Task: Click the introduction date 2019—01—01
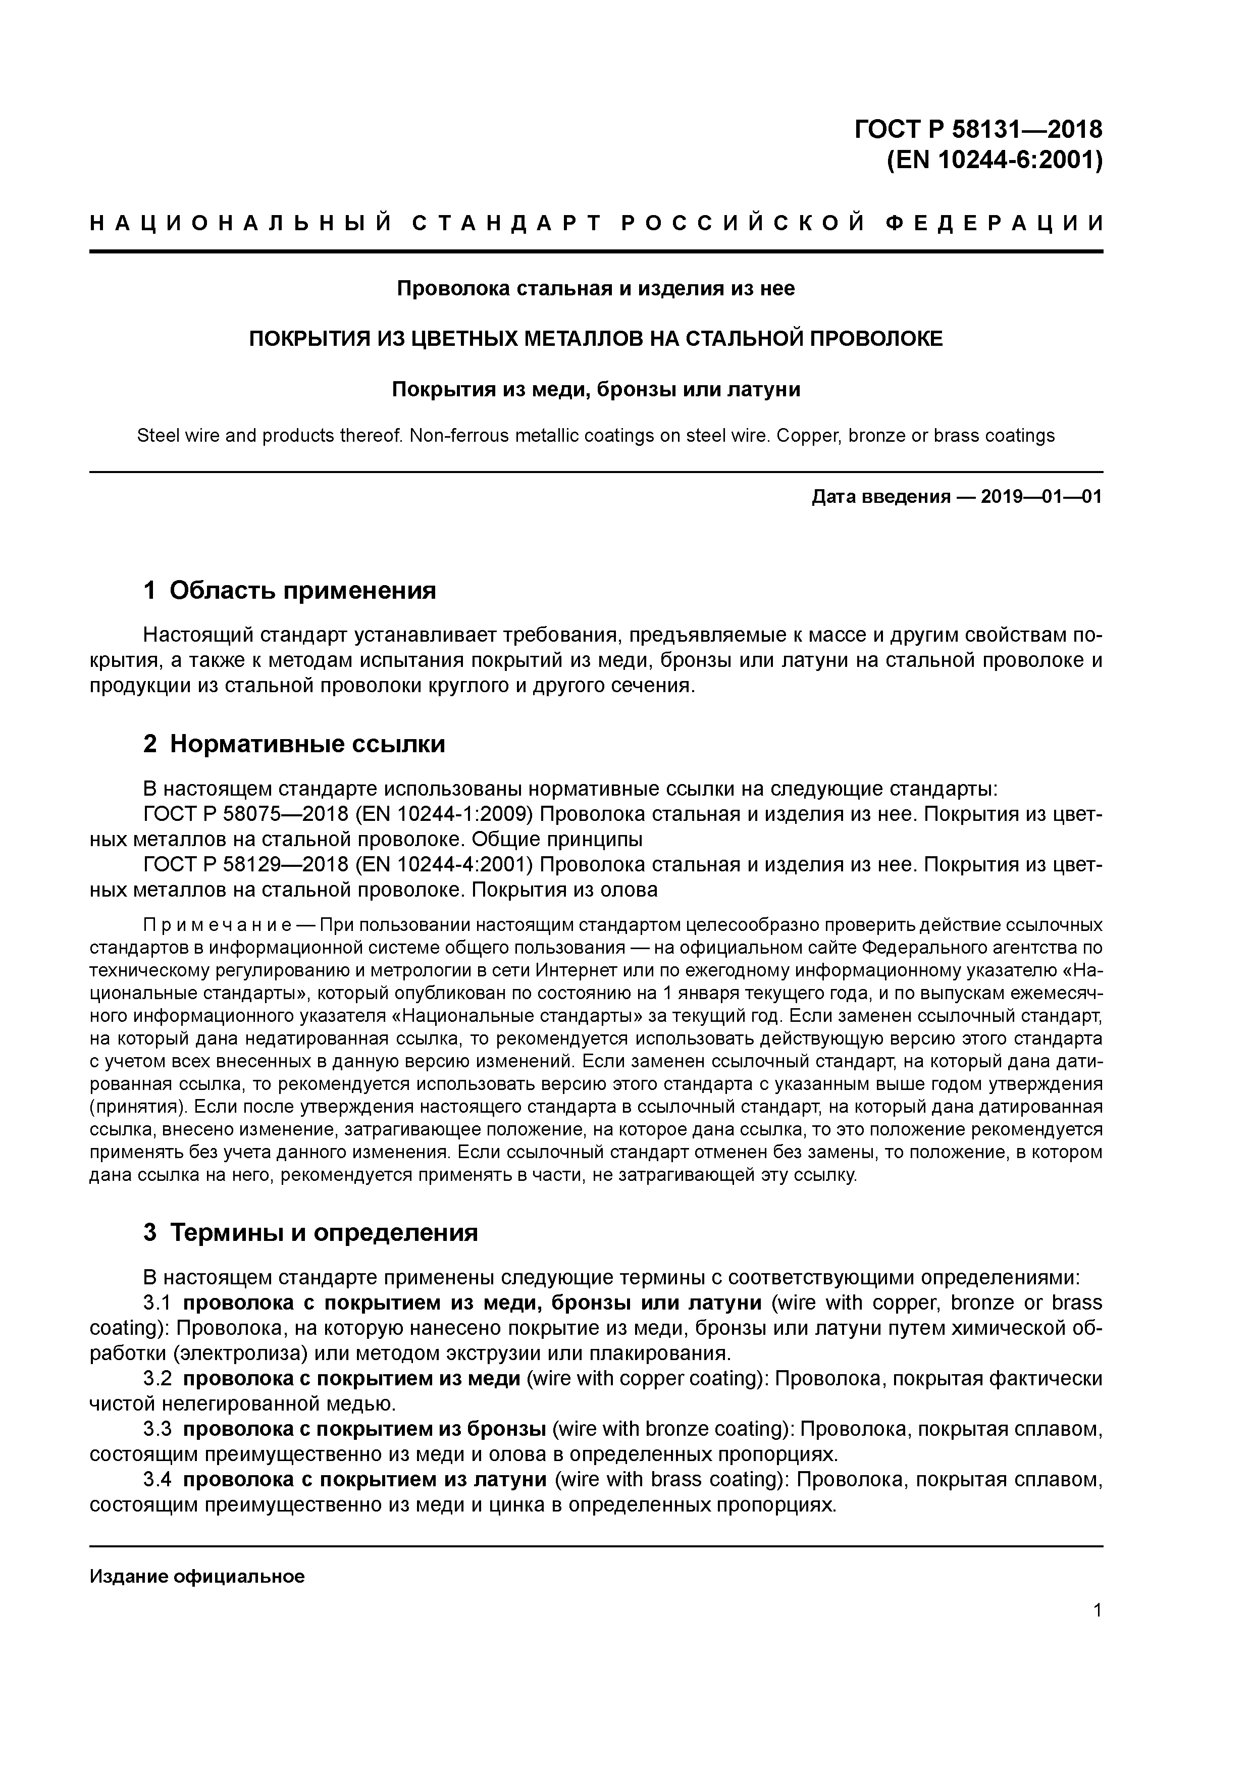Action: click(1040, 497)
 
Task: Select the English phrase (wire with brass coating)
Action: click(669, 1479)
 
